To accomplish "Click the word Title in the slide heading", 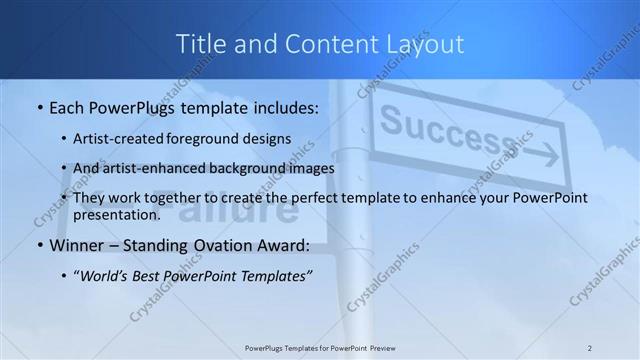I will (197, 44).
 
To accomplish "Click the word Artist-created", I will (110, 140).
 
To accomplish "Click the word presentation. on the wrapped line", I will (116, 214).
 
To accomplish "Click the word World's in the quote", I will (104, 276).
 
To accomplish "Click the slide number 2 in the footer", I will (590, 347).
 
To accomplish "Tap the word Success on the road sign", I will (431, 130).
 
